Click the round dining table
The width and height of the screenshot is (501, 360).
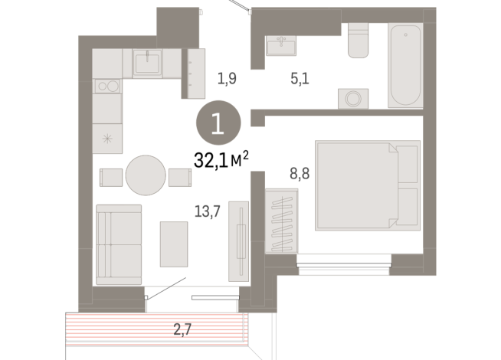click(x=146, y=175)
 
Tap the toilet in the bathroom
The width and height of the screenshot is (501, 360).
click(x=359, y=41)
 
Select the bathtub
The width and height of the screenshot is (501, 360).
click(x=405, y=65)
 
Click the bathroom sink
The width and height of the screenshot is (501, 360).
click(x=281, y=45)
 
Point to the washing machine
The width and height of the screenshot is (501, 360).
click(x=353, y=98)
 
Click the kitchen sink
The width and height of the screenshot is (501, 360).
click(x=147, y=64)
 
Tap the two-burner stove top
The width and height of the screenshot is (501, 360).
click(x=108, y=86)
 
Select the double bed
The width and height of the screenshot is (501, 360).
click(x=368, y=185)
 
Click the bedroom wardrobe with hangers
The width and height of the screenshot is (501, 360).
click(x=281, y=221)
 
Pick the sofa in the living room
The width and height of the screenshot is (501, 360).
click(x=119, y=244)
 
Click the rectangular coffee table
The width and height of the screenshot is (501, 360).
click(x=174, y=244)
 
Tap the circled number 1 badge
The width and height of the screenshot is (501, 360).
click(x=218, y=123)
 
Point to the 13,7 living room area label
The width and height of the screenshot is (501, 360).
click(x=208, y=211)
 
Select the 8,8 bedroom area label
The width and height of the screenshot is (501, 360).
click(x=300, y=174)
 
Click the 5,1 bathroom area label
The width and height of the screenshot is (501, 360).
click(x=300, y=78)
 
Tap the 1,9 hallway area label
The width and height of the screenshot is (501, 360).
click(x=227, y=78)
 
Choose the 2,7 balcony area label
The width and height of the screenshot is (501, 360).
click(x=182, y=329)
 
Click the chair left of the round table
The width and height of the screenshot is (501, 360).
click(x=111, y=177)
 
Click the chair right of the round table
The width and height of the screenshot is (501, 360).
click(x=180, y=177)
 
